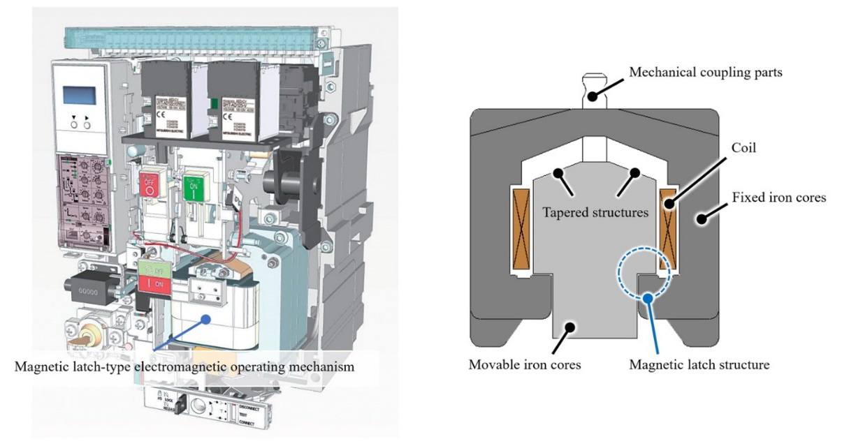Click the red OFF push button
coord(148,186)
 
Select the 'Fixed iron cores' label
coord(779,198)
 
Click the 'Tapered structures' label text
coord(596,211)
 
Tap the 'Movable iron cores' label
coord(525,364)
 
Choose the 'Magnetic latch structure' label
coord(699,364)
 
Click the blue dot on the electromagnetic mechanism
coord(206,320)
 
